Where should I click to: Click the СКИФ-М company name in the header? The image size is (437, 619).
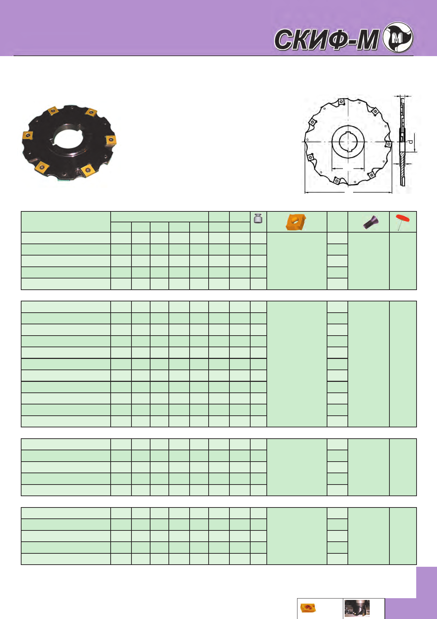(327, 40)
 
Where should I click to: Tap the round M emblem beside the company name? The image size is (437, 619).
(398, 38)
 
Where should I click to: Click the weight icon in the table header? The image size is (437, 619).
(258, 218)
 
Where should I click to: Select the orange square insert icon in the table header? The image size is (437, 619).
(296, 222)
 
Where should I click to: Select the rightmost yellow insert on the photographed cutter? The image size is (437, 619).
(111, 140)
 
